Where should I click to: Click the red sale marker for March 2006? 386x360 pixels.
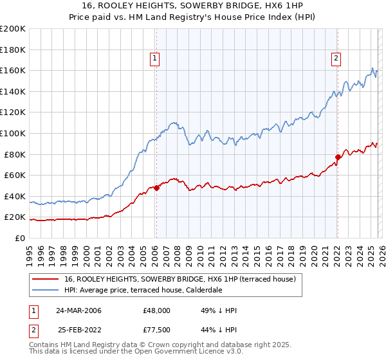(x=156, y=188)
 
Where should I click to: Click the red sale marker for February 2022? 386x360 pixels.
(x=337, y=157)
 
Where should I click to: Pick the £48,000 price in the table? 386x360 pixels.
(x=156, y=310)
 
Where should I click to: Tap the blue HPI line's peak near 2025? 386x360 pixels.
(x=372, y=67)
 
